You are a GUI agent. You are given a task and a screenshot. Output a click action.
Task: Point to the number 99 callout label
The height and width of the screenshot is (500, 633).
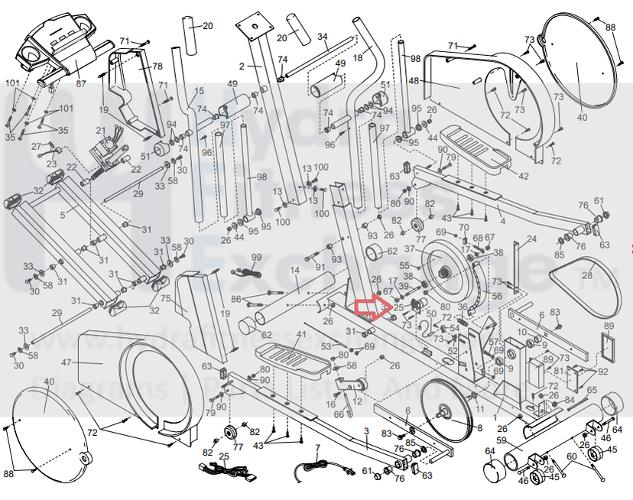[x=256, y=258]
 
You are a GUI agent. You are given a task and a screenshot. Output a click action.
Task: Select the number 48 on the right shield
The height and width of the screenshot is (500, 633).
[x=414, y=81]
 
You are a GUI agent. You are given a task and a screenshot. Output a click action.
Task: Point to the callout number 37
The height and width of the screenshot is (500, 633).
[x=410, y=249]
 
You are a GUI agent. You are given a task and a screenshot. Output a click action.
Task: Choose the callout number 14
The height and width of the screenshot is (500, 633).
[x=294, y=271]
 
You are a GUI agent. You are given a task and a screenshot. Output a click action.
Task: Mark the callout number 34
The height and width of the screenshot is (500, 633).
[x=323, y=37]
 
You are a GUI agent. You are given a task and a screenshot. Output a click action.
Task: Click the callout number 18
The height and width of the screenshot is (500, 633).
[x=357, y=47]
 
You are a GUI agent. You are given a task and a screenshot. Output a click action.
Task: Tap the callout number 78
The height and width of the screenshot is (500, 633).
[x=157, y=67]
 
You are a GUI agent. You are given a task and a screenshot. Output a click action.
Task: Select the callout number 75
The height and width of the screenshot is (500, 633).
[x=166, y=299]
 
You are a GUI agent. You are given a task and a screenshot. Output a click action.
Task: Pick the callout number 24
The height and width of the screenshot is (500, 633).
[x=531, y=239]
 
